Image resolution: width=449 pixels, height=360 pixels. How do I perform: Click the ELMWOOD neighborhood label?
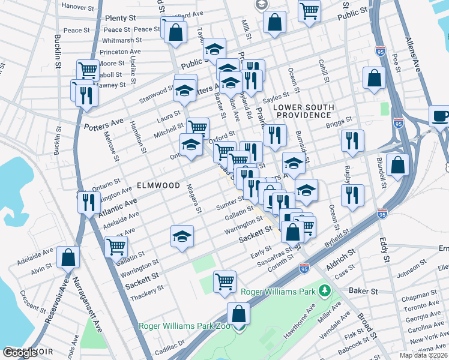(158, 185)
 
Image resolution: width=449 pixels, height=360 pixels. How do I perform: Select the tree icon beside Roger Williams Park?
(325, 292)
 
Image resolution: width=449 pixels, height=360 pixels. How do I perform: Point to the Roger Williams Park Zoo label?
(185, 326)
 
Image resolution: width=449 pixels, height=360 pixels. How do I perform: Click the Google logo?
(20, 353)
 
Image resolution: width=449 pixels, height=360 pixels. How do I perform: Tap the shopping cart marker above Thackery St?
(224, 281)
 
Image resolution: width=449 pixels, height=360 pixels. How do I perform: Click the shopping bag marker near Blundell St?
(397, 164)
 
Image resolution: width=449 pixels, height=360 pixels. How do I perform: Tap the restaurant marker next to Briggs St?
(352, 140)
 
